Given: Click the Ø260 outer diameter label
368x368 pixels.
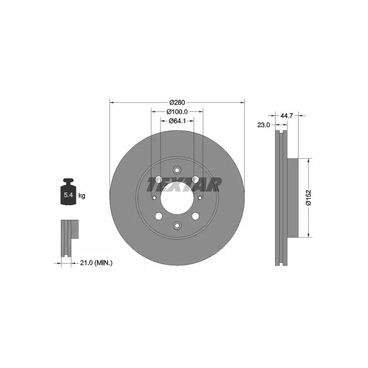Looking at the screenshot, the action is (177, 102).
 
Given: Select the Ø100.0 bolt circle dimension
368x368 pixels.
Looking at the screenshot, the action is (177, 112).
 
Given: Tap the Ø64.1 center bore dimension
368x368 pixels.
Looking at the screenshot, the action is (177, 121).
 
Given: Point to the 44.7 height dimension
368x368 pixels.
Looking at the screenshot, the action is (287, 115).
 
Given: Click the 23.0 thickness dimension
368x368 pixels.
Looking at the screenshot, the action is (264, 125).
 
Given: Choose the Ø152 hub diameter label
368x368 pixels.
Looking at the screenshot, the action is (309, 198).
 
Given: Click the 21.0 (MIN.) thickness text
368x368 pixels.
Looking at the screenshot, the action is (96, 263).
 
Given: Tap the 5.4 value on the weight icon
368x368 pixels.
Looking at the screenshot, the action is (68, 195).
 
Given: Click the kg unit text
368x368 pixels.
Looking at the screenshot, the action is (82, 195).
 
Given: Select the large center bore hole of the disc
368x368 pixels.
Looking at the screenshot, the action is (177, 198).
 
